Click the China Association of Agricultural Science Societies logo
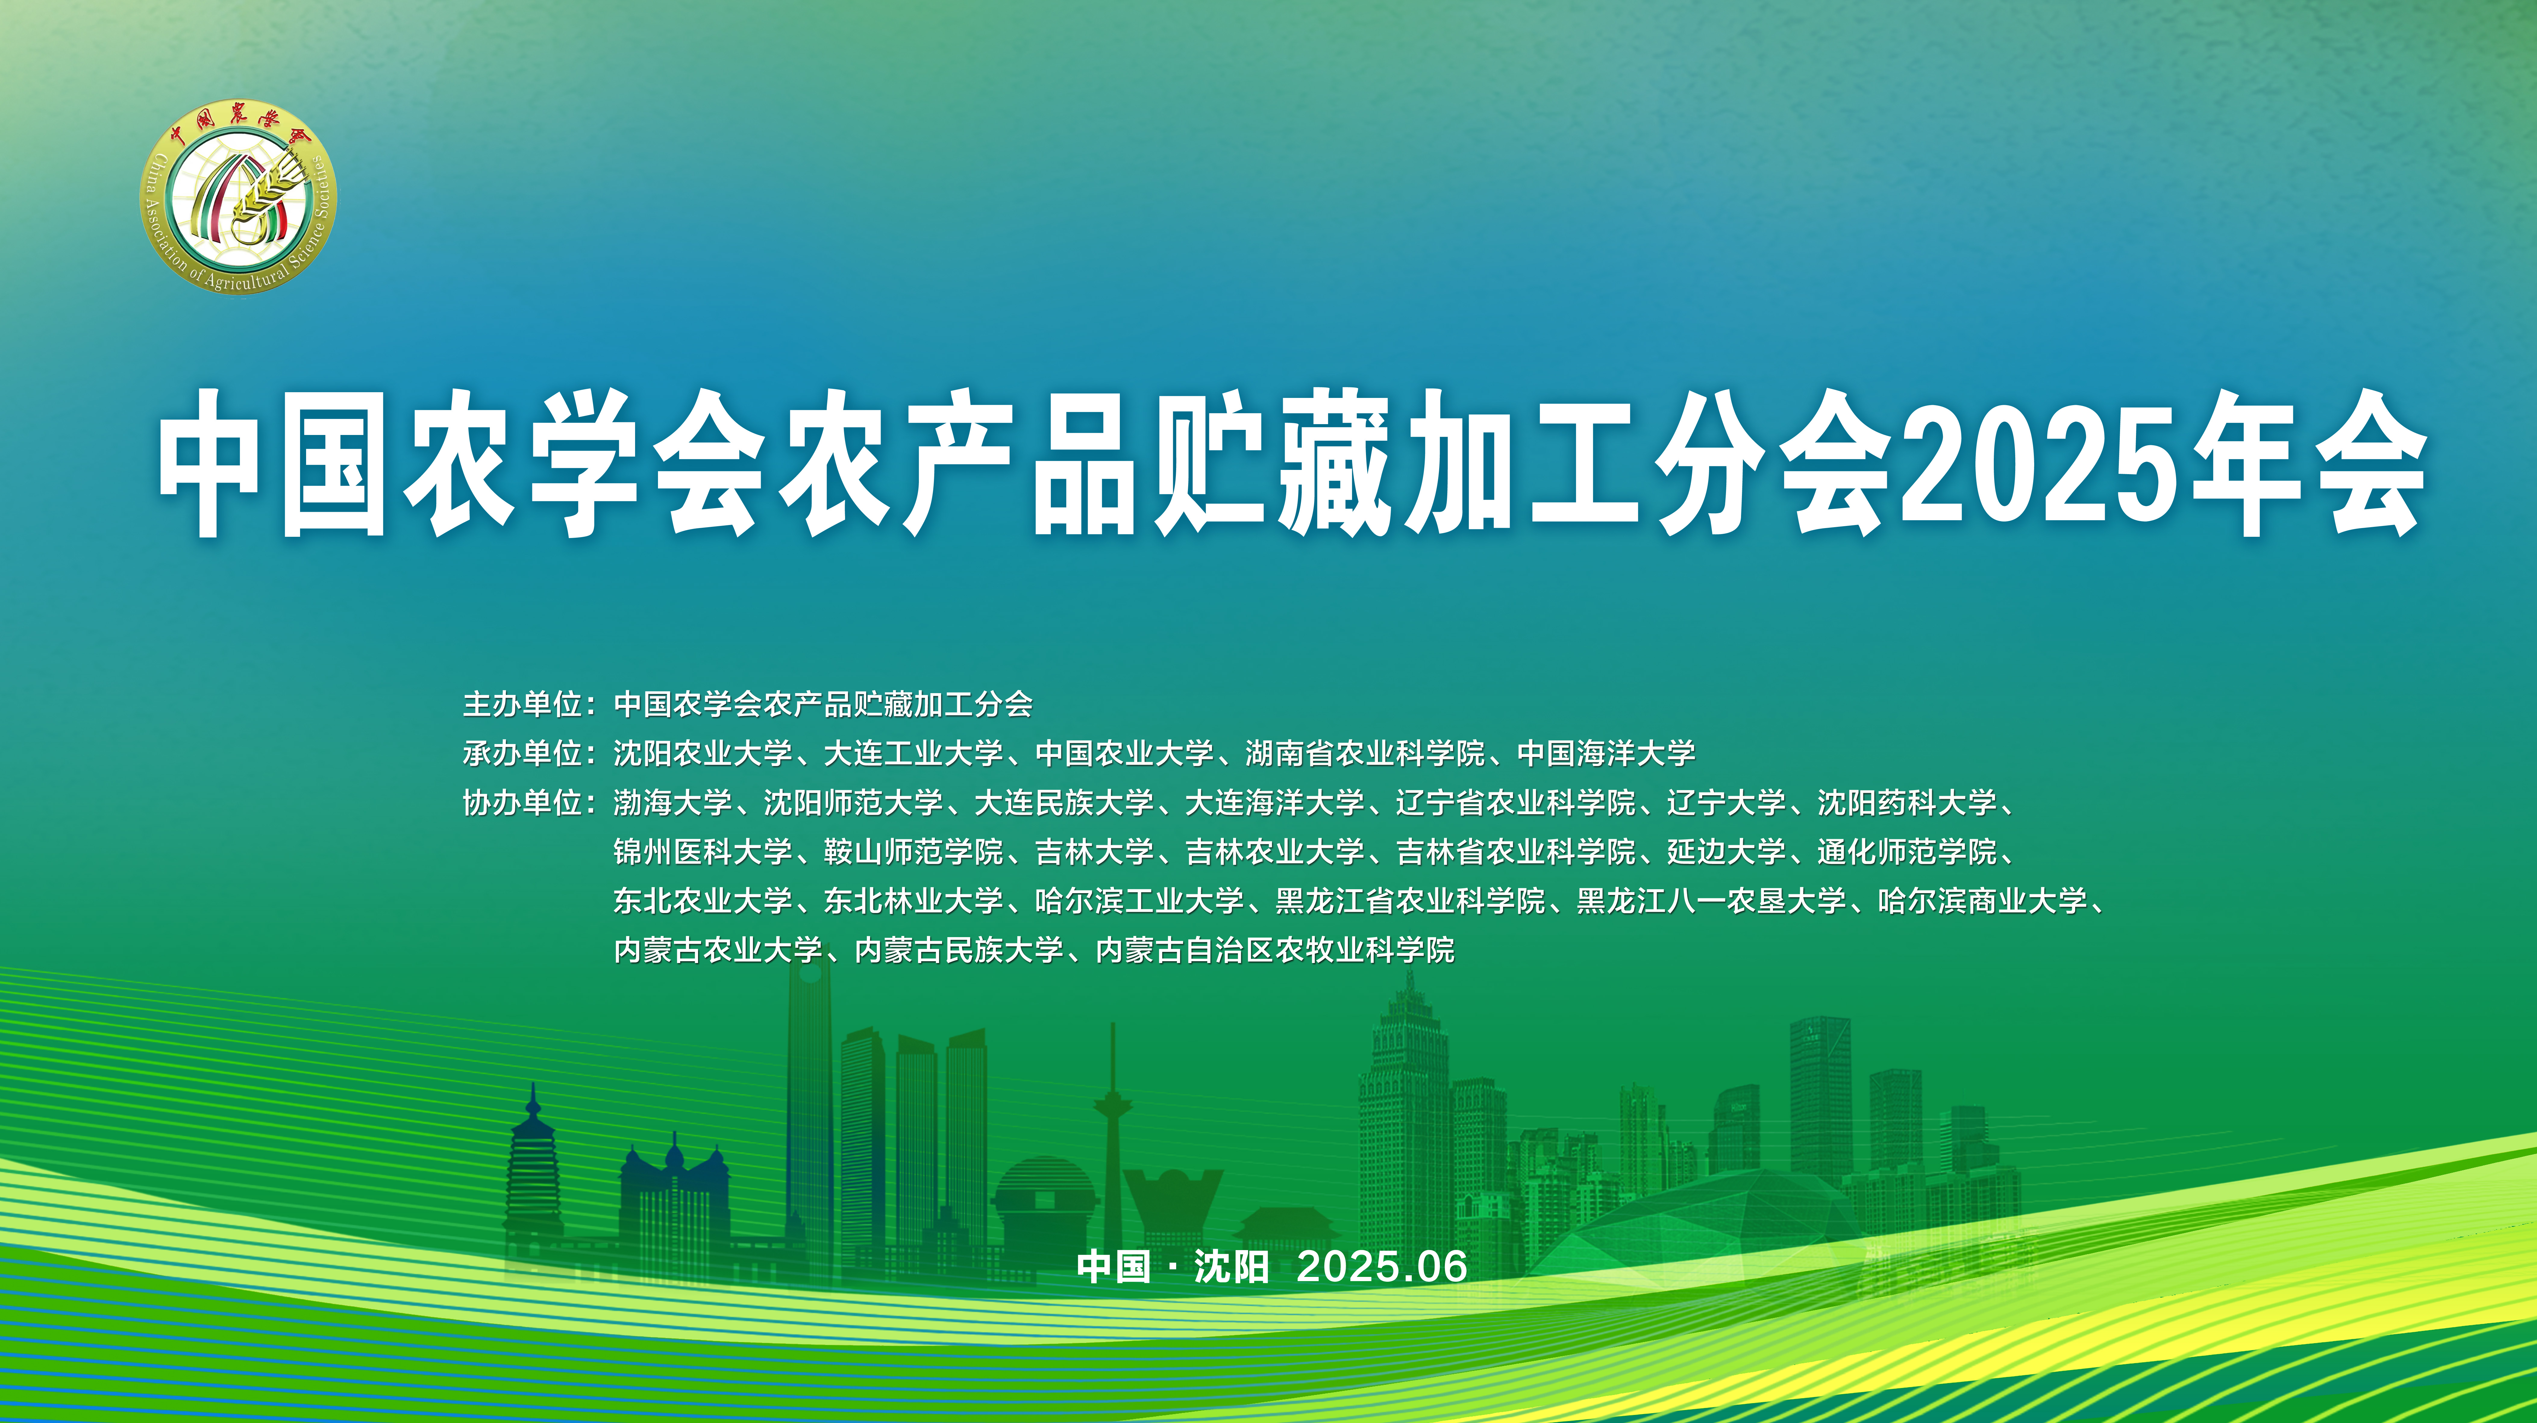238,197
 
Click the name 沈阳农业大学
703,753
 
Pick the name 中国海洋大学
1606,753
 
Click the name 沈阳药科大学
1907,802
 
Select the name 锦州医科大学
703,852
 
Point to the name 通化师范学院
1907,852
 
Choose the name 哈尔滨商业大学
1983,901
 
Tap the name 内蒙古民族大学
959,950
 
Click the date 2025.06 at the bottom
1382,1266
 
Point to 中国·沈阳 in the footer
1173,1266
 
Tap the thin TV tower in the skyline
1113,1133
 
